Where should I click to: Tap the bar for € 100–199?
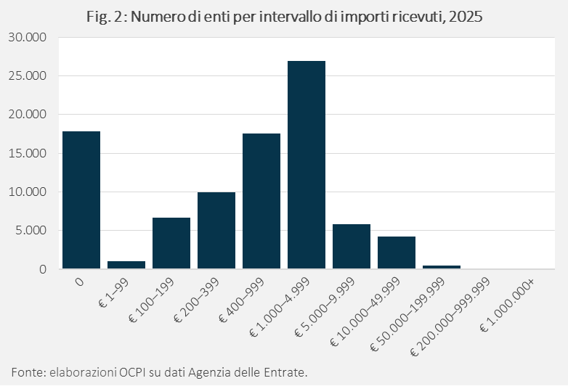click(171, 243)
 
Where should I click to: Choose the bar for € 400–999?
click(261, 201)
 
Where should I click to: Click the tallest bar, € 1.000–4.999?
click(306, 165)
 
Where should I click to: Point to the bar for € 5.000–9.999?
click(351, 247)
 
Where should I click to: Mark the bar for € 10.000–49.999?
click(396, 252)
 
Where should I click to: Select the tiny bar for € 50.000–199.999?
click(441, 267)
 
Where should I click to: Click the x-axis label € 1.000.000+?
click(509, 305)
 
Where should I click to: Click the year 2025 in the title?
click(465, 16)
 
